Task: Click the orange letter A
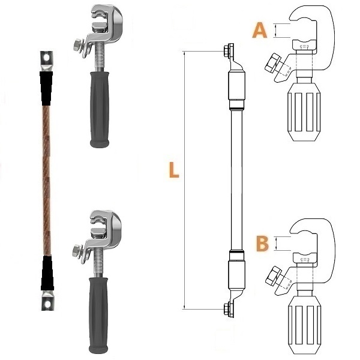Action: click(x=260, y=31)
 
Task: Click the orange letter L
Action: click(x=174, y=170)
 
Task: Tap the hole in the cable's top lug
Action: click(x=47, y=58)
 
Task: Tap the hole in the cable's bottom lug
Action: click(x=47, y=304)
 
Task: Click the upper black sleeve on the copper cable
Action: click(x=46, y=88)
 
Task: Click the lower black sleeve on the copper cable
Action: click(x=47, y=273)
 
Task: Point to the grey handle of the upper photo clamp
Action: click(x=100, y=110)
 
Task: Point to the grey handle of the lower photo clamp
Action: click(x=98, y=315)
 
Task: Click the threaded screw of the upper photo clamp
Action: click(x=100, y=58)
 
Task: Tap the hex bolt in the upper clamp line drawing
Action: click(x=272, y=64)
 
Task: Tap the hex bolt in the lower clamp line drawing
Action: click(x=273, y=276)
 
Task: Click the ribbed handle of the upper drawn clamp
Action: click(x=304, y=112)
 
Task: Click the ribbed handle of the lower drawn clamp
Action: click(x=304, y=325)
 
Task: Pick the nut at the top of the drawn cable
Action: click(x=227, y=50)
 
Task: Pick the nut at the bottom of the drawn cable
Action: click(x=227, y=309)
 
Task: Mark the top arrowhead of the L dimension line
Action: click(x=184, y=53)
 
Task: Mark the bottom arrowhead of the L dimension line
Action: click(x=184, y=307)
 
